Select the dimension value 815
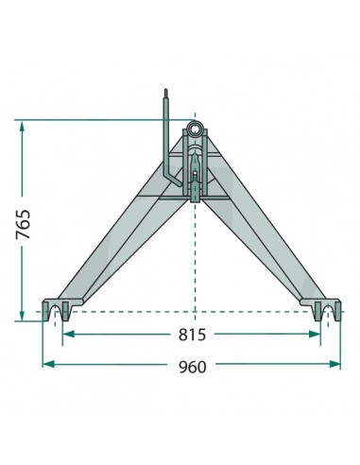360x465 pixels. tap(192, 336)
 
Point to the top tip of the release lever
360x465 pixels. tap(166, 92)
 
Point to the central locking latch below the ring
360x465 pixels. tap(196, 175)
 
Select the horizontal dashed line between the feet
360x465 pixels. tap(189, 311)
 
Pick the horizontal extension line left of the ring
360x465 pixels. tap(94, 119)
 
